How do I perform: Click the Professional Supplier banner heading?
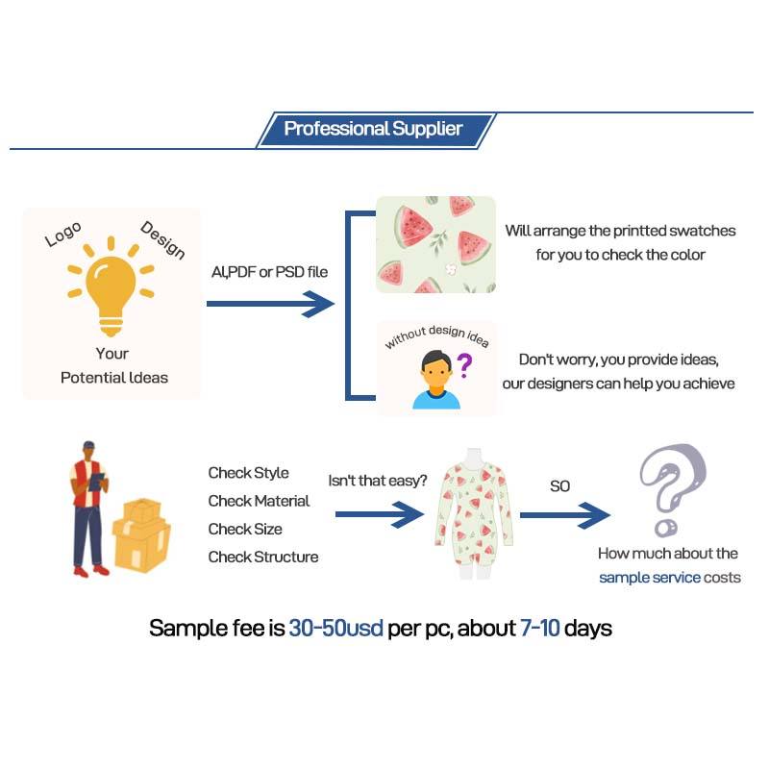[373, 129]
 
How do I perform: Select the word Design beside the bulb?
[162, 239]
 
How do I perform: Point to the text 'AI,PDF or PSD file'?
[269, 272]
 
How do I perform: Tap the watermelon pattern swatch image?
[435, 243]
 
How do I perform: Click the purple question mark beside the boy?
[464, 364]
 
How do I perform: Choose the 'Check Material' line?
[259, 501]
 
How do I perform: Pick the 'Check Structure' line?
[262, 557]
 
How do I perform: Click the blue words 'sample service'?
[649, 578]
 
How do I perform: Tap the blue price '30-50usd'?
[336, 630]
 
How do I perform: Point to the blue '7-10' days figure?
[539, 630]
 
